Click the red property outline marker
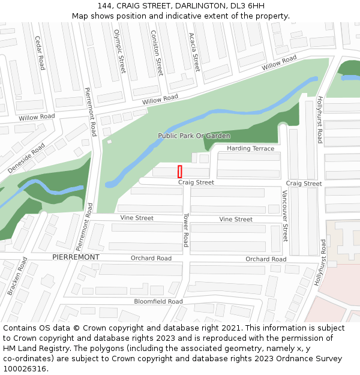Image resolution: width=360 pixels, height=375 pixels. [179, 172]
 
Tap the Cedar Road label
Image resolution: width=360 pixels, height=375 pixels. [40, 53]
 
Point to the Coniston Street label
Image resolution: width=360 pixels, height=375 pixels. [157, 53]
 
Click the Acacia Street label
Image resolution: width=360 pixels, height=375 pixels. [194, 52]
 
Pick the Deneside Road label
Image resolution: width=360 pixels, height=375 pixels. [26, 158]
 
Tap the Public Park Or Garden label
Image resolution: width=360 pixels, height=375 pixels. [194, 136]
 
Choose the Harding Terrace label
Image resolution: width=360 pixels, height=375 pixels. [250, 148]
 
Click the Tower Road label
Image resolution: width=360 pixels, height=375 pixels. [186, 230]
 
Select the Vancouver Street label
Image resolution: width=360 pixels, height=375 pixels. [285, 216]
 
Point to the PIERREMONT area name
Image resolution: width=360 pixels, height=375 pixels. [76, 257]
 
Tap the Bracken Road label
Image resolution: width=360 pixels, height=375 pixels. [17, 277]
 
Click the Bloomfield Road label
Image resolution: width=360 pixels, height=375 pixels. [158, 301]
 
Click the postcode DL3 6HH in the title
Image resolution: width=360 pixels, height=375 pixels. [247, 6]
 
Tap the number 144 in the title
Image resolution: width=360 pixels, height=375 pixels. [106, 6]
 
